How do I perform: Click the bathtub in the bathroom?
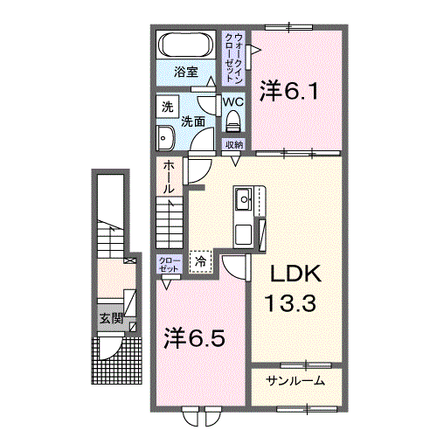point(185,45)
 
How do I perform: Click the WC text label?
point(233,101)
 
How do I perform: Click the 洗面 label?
point(193,121)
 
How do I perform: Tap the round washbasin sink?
point(165,137)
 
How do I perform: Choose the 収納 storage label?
point(234,144)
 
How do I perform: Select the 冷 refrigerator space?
point(202,260)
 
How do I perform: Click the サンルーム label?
point(296,380)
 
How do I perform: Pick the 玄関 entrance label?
point(109,317)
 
